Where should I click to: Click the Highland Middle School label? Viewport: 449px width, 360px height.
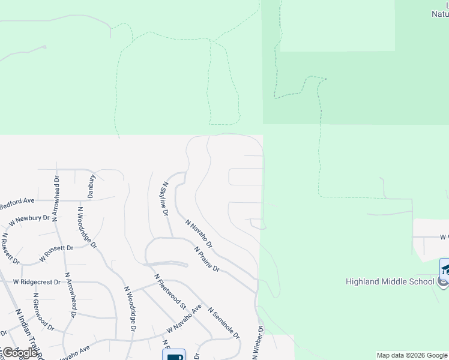390,281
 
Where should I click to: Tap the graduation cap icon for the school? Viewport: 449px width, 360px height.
445,268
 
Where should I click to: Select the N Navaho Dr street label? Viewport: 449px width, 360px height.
199,233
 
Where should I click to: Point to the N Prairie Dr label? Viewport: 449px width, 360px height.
207,259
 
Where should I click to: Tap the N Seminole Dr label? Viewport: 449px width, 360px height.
223,323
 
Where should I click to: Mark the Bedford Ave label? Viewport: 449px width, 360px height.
17,204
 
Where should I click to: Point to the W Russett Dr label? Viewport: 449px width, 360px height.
56,253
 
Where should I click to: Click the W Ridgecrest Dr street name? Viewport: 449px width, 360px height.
37,281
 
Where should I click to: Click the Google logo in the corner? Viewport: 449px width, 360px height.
20,353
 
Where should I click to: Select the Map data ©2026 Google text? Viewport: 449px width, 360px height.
412,355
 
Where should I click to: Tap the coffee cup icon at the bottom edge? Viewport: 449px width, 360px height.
173,355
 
